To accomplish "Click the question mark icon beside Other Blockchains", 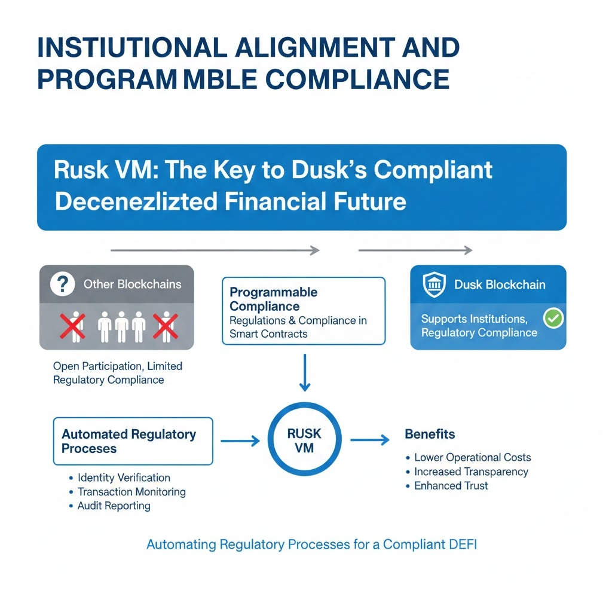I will (x=63, y=284).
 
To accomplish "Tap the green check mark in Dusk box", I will (x=554, y=319).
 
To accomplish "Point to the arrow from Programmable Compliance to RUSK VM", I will (x=304, y=372).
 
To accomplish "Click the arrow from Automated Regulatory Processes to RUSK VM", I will (x=240, y=441).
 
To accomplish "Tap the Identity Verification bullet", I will (x=124, y=478).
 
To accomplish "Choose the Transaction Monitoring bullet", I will (x=131, y=492).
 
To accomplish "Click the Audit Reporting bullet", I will (x=114, y=506).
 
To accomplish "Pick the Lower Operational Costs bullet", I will (x=472, y=457).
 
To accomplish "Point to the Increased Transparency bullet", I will (x=471, y=472).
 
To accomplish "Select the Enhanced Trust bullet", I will (x=451, y=486).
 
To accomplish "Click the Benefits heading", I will (x=430, y=434).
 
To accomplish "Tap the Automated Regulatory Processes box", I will (x=133, y=441).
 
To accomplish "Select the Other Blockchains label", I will (x=132, y=284).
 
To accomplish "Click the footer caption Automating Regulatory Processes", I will (x=311, y=544).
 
